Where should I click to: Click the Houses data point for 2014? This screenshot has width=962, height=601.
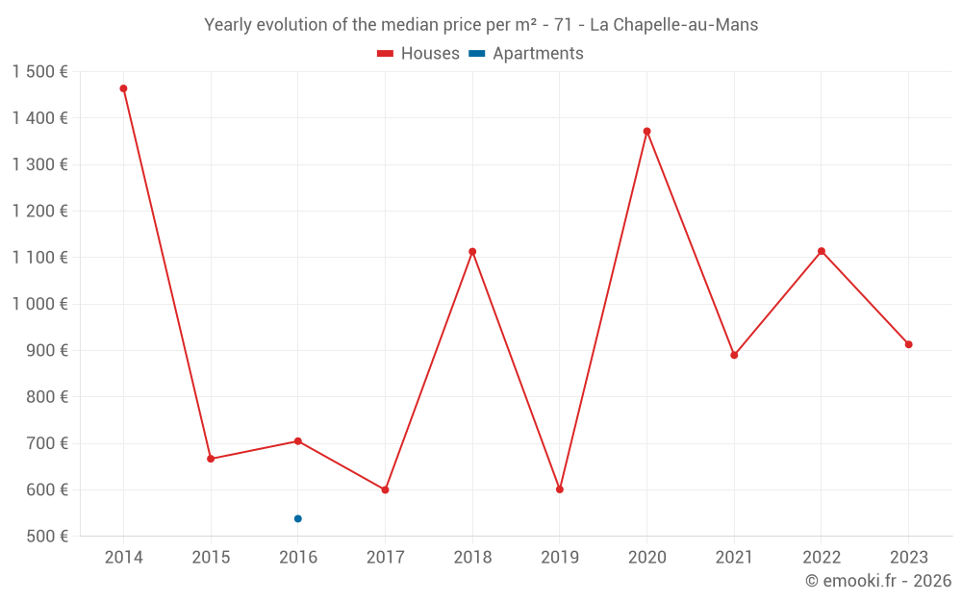click(123, 88)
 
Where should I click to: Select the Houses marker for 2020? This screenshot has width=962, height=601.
click(646, 131)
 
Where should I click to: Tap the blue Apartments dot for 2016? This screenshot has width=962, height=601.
click(298, 518)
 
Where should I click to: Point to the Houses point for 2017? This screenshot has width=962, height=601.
click(385, 489)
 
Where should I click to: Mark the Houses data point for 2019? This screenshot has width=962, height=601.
click(560, 489)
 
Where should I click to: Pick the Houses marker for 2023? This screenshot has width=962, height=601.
click(908, 344)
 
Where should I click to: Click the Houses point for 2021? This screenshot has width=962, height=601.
click(734, 355)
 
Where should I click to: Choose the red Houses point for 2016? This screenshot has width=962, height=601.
click(298, 441)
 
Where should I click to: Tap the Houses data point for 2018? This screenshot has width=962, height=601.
click(472, 252)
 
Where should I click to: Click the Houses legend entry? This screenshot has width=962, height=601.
click(418, 54)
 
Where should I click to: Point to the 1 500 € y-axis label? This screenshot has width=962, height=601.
click(40, 72)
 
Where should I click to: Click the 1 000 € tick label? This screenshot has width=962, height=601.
click(40, 304)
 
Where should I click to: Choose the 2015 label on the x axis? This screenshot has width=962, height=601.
click(211, 558)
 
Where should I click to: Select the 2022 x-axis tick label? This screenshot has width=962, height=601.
click(821, 558)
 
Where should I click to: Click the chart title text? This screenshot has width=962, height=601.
click(481, 25)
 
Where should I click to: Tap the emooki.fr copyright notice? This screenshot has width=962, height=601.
click(878, 581)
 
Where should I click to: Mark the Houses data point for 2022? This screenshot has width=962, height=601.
click(822, 251)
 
